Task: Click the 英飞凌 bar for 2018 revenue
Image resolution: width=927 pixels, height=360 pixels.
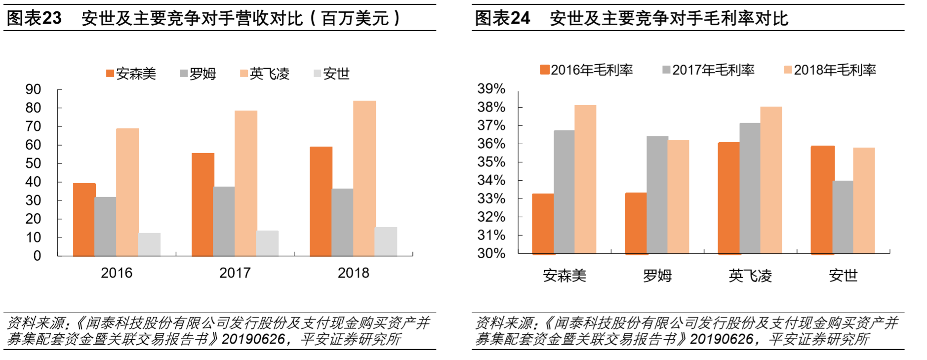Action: pyautogui.click(x=364, y=178)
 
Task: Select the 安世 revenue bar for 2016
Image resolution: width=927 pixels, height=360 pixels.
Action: pyautogui.click(x=149, y=244)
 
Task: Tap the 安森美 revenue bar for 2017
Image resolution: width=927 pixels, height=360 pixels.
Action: pyautogui.click(x=202, y=204)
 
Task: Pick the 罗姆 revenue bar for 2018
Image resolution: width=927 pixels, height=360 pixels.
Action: pyautogui.click(x=342, y=222)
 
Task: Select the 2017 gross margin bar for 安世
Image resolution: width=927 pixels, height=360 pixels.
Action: pyautogui.click(x=843, y=217)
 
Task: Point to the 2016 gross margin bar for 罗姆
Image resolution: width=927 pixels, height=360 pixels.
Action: pyautogui.click(x=636, y=223)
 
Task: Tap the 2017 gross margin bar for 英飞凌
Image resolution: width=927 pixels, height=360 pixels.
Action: pyautogui.click(x=750, y=188)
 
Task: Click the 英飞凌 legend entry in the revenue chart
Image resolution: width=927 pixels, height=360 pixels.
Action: pyautogui.click(x=265, y=74)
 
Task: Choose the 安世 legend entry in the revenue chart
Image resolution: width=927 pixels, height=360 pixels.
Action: pyautogui.click(x=332, y=74)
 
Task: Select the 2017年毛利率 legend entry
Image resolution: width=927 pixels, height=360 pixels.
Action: pyautogui.click(x=709, y=70)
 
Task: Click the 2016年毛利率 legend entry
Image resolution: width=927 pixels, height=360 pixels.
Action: pyautogui.click(x=587, y=70)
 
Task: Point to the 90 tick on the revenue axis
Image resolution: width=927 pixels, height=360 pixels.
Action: pyautogui.click(x=33, y=89)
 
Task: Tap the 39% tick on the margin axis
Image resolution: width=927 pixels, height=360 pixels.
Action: pyautogui.click(x=491, y=89)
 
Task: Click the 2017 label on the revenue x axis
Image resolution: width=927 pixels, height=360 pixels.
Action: pyautogui.click(x=235, y=273)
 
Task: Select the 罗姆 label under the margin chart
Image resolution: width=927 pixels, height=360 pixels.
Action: pyautogui.click(x=657, y=276)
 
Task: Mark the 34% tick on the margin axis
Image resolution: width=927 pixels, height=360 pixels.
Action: pyautogui.click(x=491, y=180)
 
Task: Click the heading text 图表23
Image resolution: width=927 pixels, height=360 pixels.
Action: pyautogui.click(x=34, y=18)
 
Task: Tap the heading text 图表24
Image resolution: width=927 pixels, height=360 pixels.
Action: pyautogui.click(x=502, y=18)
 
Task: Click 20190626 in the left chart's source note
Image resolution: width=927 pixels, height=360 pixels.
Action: pyautogui.click(x=253, y=339)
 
